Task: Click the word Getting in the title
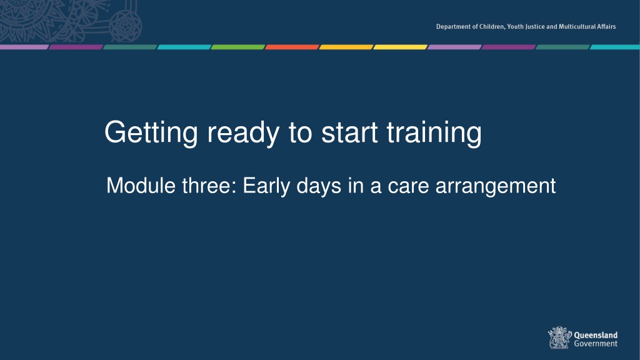[151, 133]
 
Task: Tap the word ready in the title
[243, 133]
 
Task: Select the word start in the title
[349, 132]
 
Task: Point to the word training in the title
[434, 133]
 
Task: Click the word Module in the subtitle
[141, 186]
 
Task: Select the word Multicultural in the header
[577, 26]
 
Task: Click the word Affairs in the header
[607, 26]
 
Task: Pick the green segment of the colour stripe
[238, 47]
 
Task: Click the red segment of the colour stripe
[292, 47]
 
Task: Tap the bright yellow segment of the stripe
[400, 47]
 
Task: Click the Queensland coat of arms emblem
[559, 337]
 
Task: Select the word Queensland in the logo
[596, 335]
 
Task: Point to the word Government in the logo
[596, 344]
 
